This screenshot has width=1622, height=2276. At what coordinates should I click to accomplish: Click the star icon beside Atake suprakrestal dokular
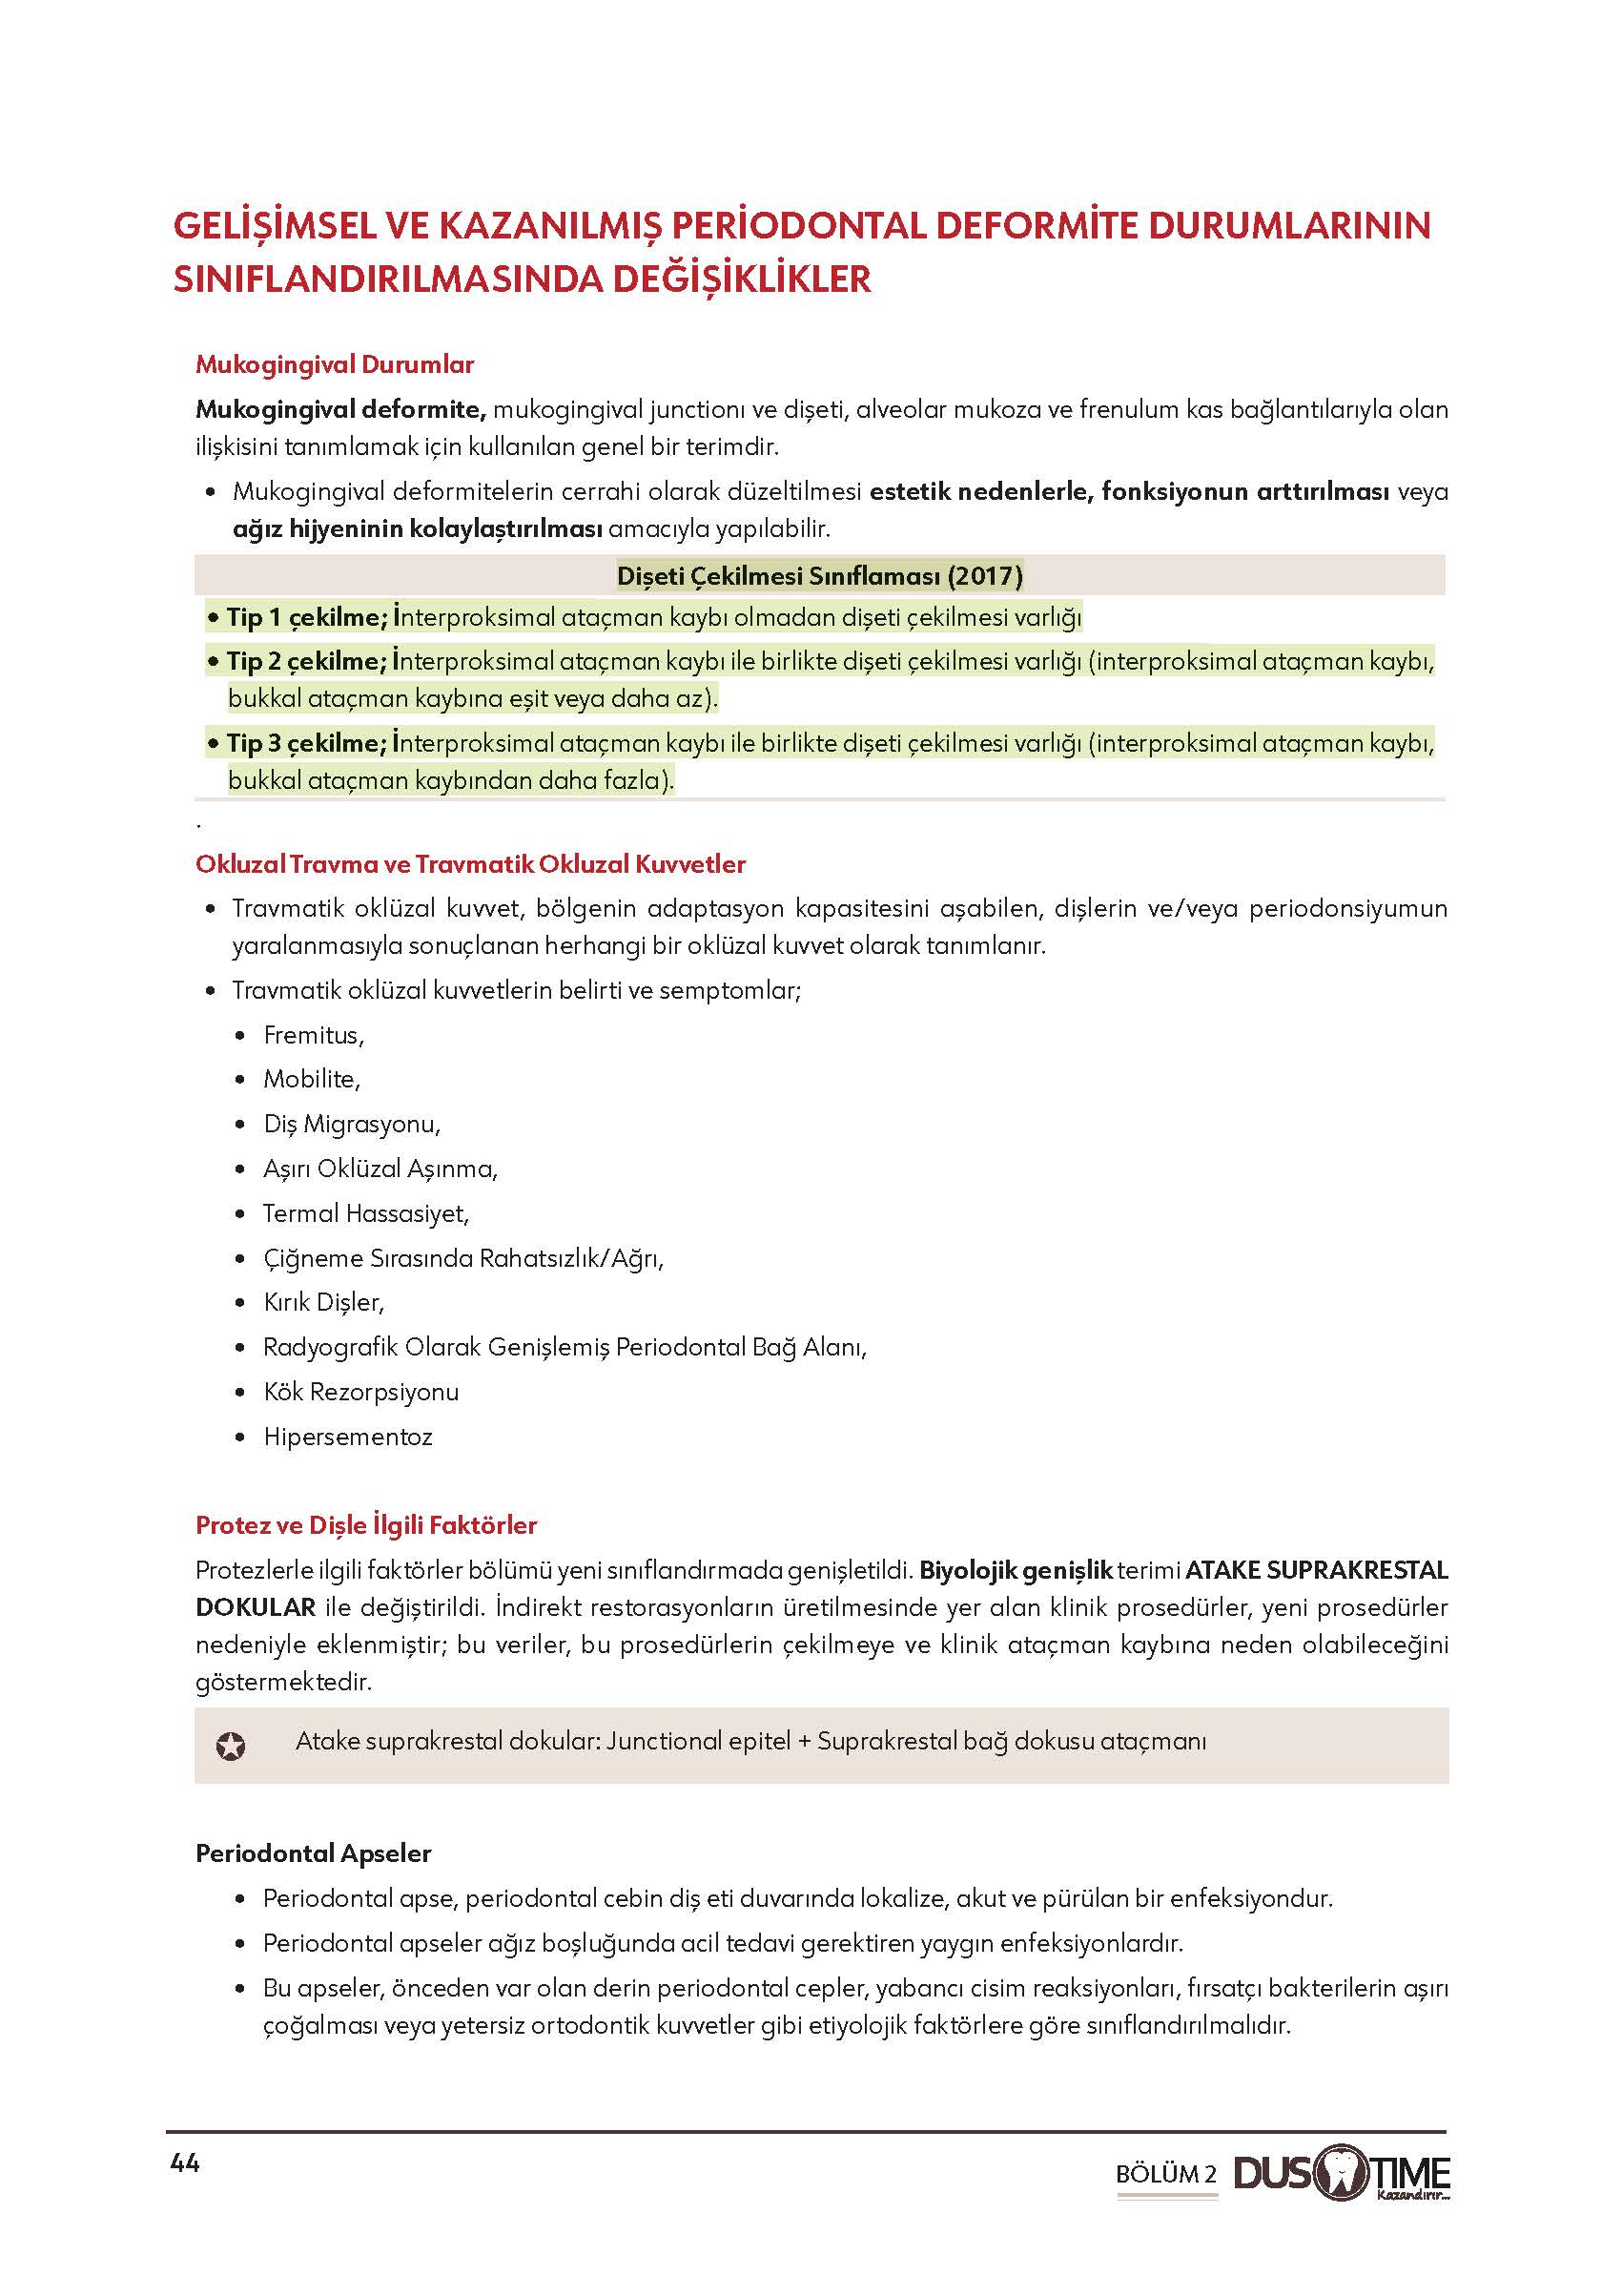tap(231, 1747)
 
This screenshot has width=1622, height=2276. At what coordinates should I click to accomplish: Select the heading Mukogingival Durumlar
tap(335, 364)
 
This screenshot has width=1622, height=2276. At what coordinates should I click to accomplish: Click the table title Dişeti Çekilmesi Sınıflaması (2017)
tap(819, 575)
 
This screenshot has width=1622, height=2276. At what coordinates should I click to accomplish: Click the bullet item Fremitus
tap(314, 1035)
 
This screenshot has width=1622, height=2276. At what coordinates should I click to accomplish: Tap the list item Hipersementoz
tap(347, 1437)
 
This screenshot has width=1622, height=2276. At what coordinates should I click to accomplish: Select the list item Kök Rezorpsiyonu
tap(360, 1392)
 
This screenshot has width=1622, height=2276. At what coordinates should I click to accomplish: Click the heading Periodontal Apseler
tap(314, 1853)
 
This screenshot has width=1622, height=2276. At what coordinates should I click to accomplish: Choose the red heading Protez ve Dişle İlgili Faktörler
tap(366, 1525)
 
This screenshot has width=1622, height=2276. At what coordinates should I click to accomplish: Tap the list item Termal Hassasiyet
tap(365, 1213)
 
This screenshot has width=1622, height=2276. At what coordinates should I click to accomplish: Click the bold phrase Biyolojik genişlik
tap(1016, 1571)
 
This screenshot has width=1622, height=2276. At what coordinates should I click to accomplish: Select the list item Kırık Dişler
tap(323, 1302)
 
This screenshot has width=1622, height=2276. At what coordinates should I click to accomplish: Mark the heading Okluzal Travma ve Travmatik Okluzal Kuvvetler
tap(470, 864)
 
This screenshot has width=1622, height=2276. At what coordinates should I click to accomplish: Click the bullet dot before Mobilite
tap(239, 1080)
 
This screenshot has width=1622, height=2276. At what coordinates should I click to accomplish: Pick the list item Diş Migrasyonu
tap(352, 1124)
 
